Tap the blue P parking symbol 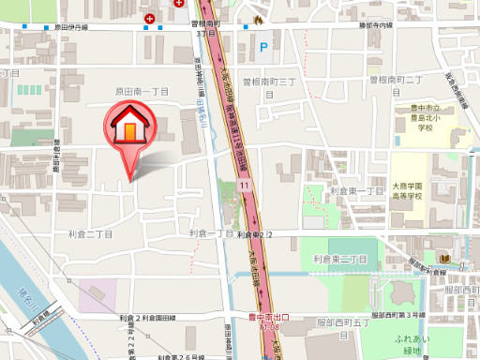[262, 43]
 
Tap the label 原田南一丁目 [141, 92]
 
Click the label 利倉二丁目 [90, 234]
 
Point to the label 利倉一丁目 [210, 232]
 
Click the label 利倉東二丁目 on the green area [339, 258]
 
